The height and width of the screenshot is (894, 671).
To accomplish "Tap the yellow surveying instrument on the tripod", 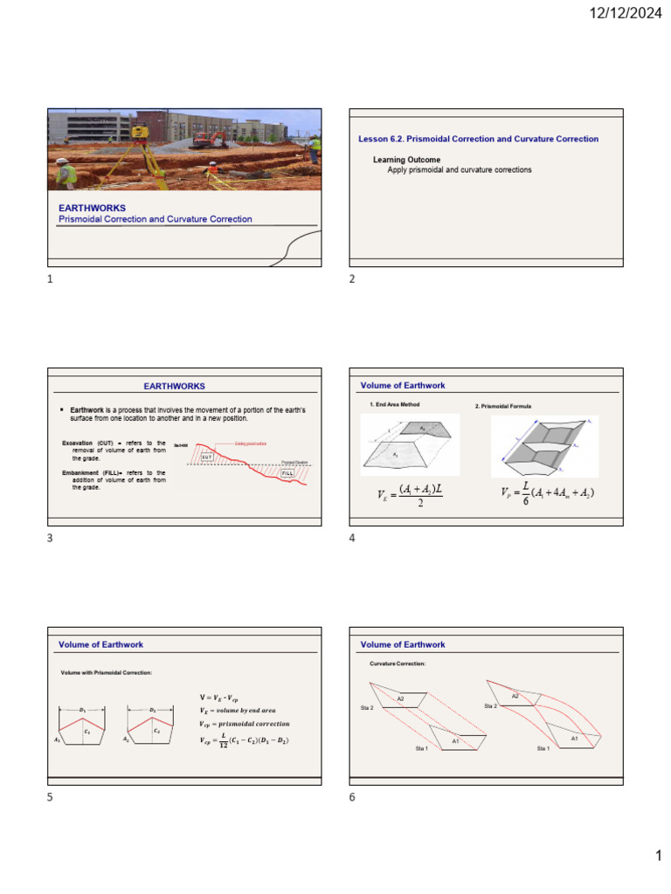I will pos(140,133).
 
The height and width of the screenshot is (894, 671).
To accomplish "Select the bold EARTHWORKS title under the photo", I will pos(92,208).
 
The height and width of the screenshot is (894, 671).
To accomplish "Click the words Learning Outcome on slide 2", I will pos(406,160).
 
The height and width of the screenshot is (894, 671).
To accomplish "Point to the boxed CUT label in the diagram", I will pos(206,456).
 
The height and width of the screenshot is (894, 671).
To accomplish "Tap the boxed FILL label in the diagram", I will pos(287,472).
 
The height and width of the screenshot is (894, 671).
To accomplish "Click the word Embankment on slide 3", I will pos(92,472).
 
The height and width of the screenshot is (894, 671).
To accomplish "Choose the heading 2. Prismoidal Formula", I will pos(503,406).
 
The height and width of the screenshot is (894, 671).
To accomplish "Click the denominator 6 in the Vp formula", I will pos(514,502).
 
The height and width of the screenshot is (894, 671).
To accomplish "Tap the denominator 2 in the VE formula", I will pos(419,503).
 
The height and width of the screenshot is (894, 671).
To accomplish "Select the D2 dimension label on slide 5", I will pos(153,710).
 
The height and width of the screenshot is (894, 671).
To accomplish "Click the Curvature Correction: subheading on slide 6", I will pos(398,664).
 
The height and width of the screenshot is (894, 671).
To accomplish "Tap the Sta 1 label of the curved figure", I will pos(543,748).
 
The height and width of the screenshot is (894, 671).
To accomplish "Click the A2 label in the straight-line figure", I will pos(400,698).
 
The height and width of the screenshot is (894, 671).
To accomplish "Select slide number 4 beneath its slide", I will pos(352,538).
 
